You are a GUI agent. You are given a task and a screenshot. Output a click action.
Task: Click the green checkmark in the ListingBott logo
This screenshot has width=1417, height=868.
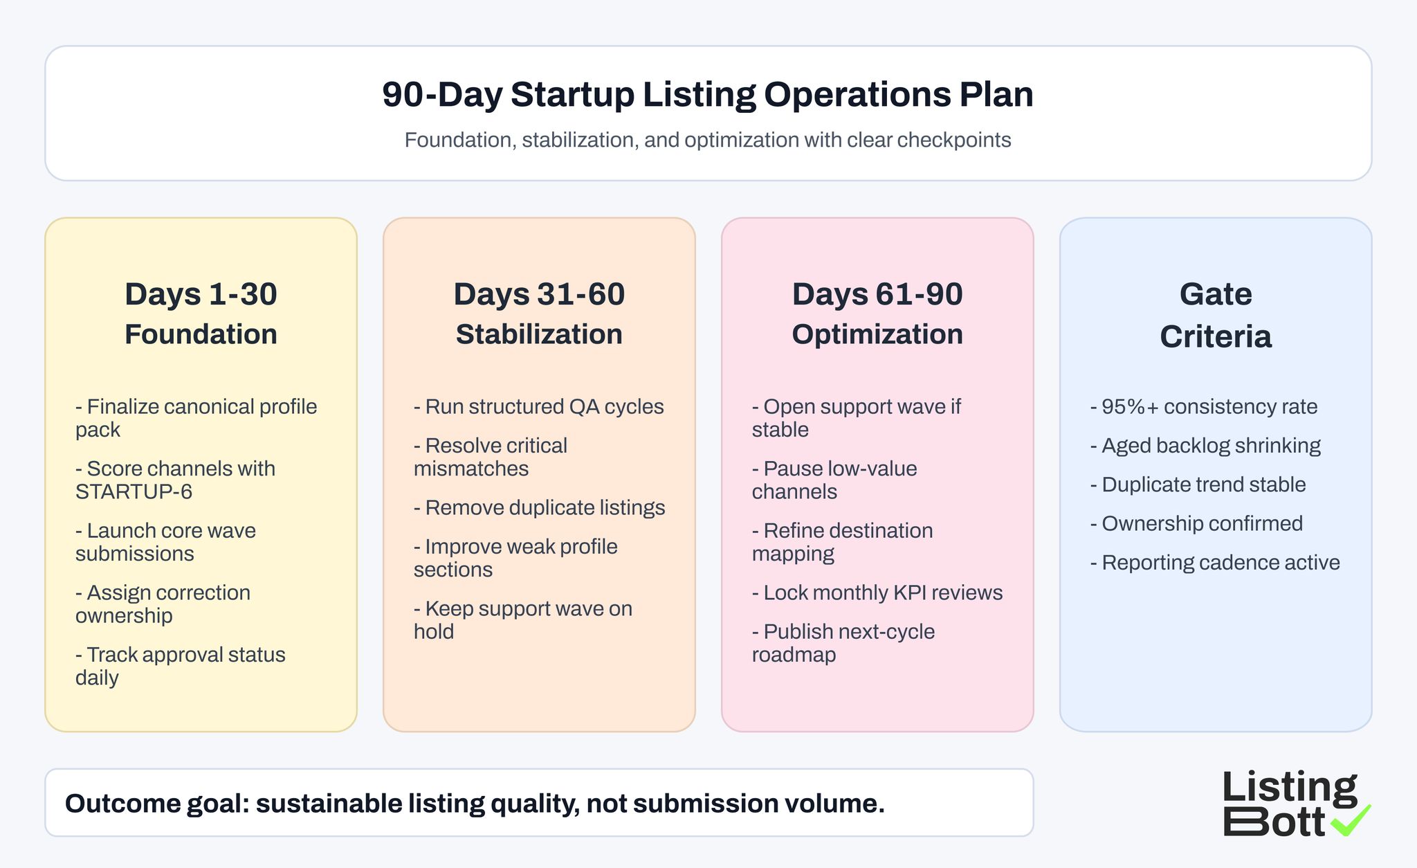click(x=1351, y=820)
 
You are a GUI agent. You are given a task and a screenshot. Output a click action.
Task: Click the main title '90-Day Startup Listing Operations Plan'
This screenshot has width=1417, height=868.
click(x=707, y=95)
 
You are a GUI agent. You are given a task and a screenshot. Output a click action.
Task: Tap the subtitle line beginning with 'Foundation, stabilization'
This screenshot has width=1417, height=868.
click(x=707, y=140)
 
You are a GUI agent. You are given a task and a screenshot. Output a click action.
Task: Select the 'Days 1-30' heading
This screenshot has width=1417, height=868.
click(x=201, y=294)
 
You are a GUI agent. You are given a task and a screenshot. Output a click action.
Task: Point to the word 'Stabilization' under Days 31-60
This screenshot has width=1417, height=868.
click(x=539, y=334)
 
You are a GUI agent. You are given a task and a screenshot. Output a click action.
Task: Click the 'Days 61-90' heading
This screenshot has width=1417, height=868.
click(x=877, y=294)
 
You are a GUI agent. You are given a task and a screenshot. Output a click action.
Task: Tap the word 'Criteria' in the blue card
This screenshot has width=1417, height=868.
click(x=1215, y=337)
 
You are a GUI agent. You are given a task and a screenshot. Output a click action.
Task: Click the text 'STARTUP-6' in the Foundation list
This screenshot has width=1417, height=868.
click(x=134, y=492)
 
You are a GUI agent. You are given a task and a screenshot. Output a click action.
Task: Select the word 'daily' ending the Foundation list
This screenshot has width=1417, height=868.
click(x=97, y=678)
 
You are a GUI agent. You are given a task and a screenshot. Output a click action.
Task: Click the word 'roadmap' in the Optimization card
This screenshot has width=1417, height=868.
click(x=794, y=655)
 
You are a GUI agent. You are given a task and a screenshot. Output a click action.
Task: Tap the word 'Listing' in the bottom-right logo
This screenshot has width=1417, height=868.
click(x=1289, y=788)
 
